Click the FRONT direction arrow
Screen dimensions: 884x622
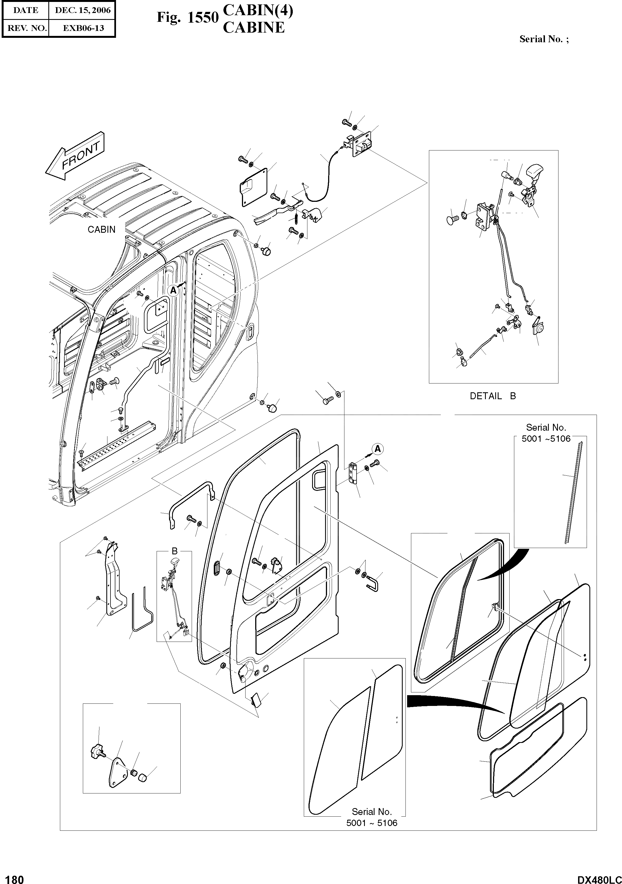(x=75, y=156)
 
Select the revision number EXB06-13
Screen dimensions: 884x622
(x=83, y=28)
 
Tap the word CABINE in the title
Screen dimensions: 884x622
(x=254, y=28)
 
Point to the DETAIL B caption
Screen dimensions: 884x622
(x=492, y=396)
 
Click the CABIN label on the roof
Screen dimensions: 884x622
(x=101, y=229)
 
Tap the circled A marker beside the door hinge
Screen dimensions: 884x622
(x=378, y=449)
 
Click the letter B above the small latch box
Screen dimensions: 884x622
(x=175, y=551)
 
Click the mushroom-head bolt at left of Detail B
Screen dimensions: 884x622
(x=452, y=220)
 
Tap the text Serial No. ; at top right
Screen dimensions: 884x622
(x=544, y=39)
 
